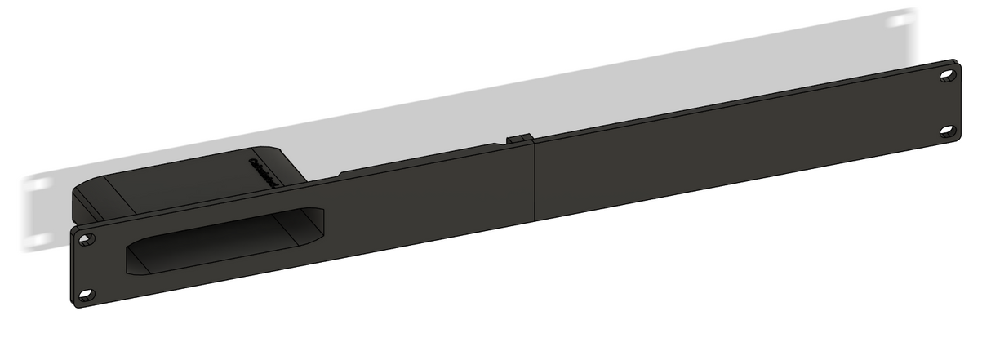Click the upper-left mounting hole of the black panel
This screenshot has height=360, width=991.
87,239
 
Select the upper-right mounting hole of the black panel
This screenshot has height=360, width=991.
947,75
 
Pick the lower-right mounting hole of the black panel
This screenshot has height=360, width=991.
947,130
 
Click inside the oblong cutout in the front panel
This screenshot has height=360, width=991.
220,241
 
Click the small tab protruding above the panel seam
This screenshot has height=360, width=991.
520,139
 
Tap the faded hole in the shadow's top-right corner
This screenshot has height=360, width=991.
901,20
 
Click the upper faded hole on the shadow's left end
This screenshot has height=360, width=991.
35,185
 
